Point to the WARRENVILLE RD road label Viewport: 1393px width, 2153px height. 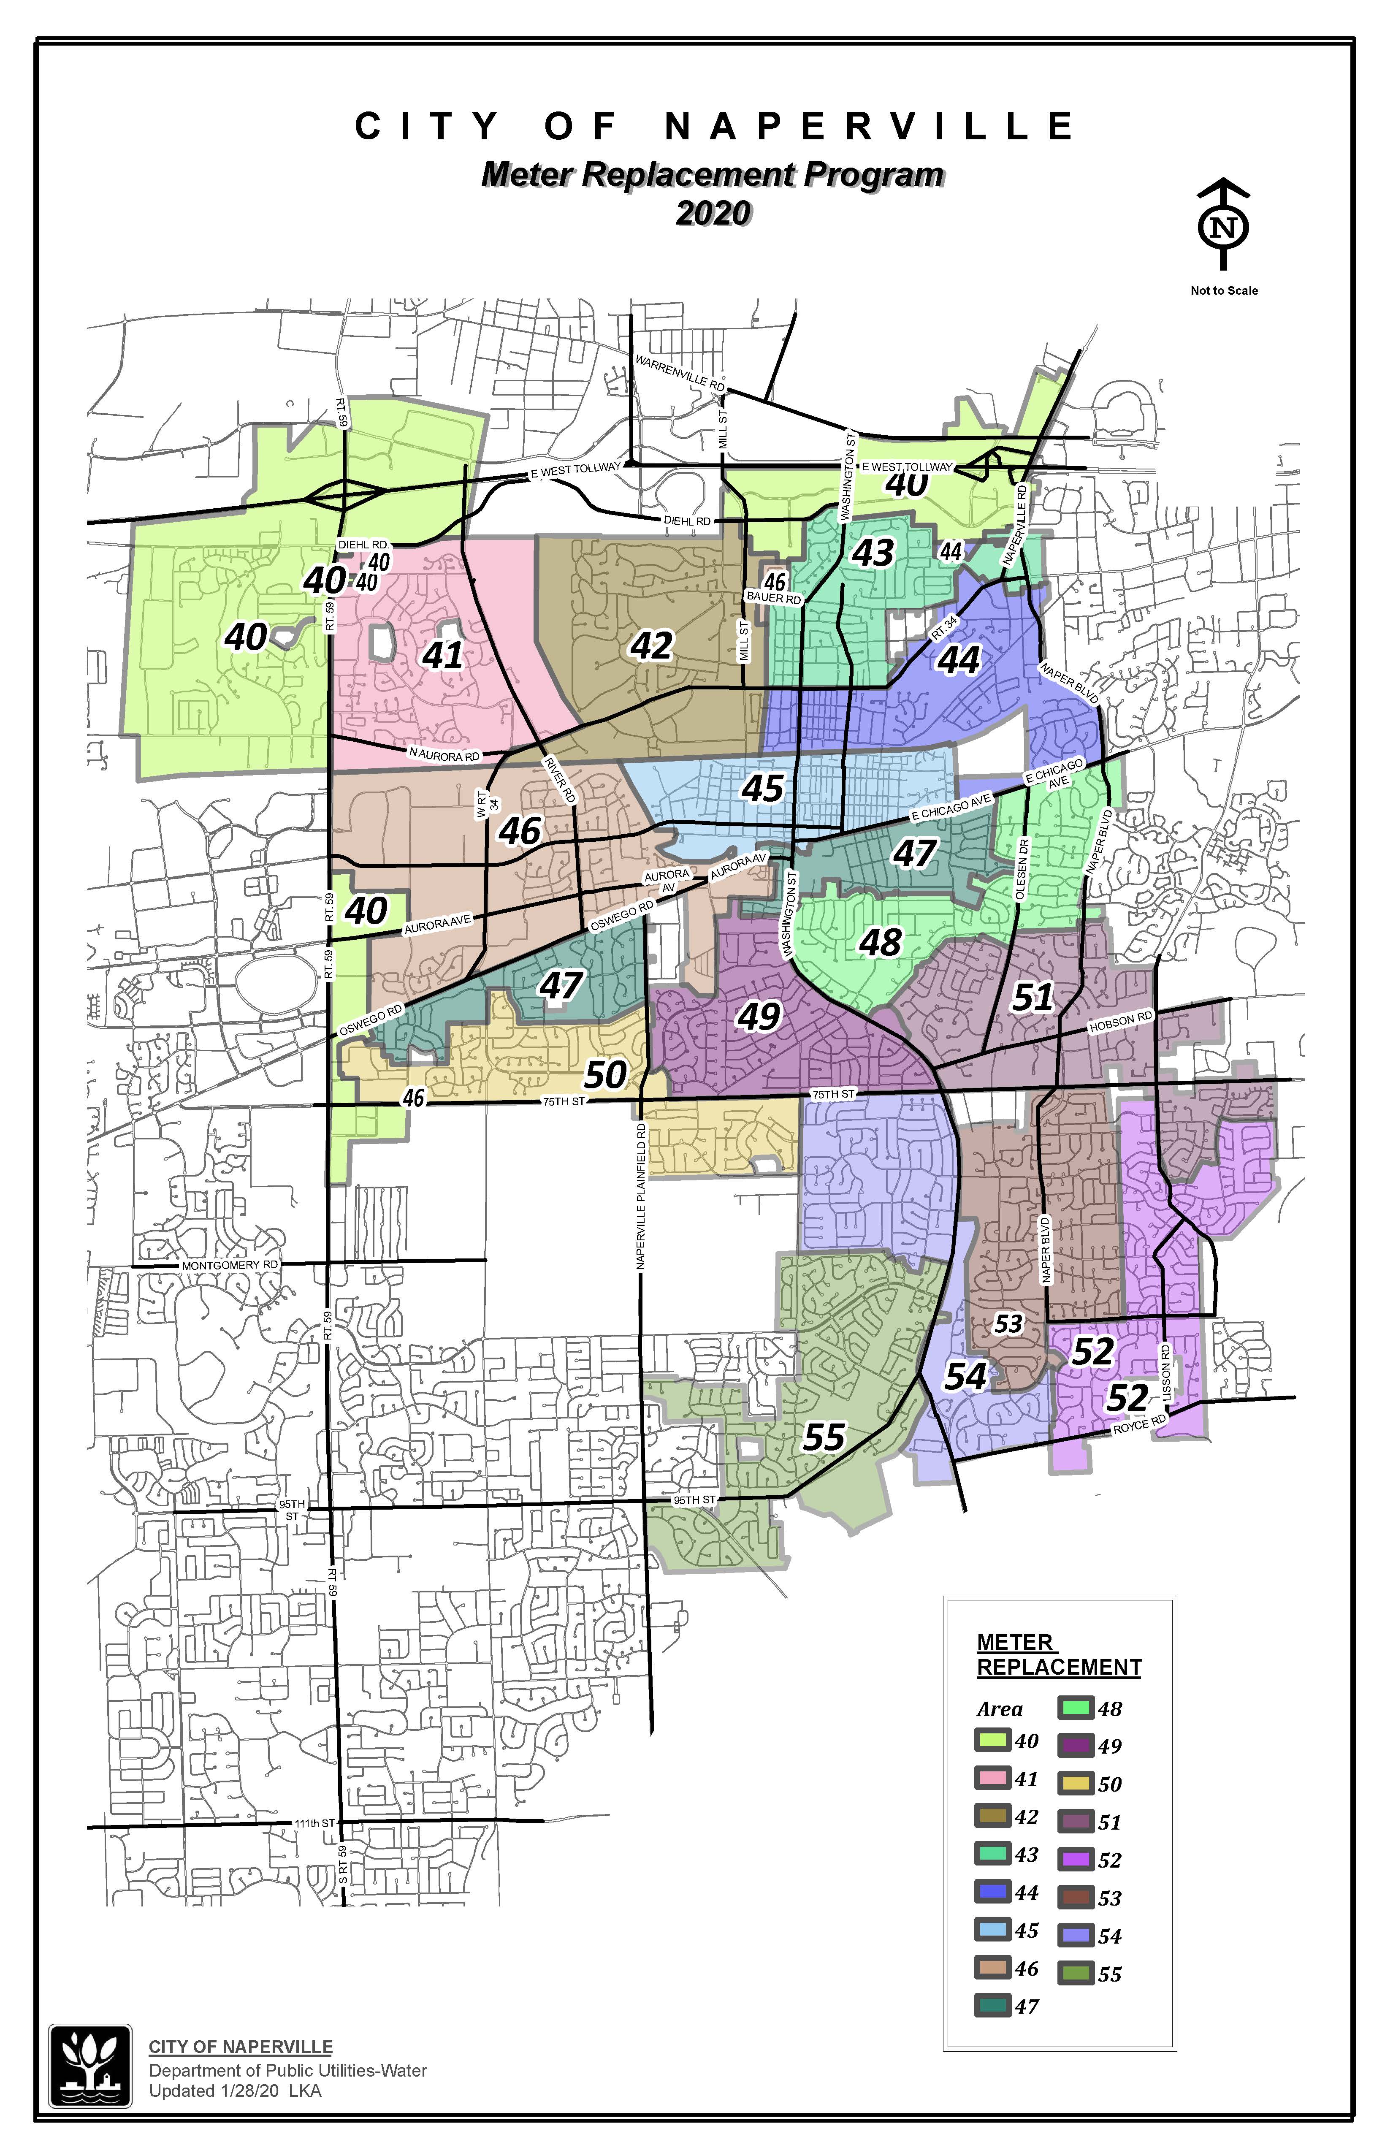pyautogui.click(x=680, y=372)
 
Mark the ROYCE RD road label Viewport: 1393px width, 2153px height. pyautogui.click(x=1140, y=1424)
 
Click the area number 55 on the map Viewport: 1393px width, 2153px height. pyautogui.click(x=824, y=1437)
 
